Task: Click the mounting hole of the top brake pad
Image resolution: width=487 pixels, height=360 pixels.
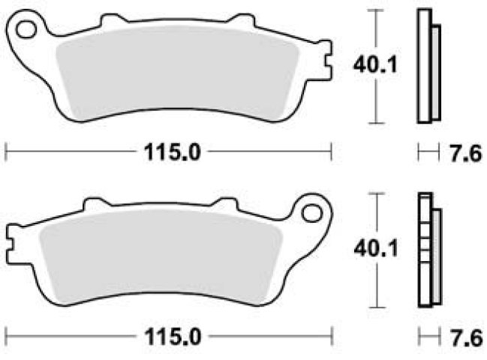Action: (26, 30)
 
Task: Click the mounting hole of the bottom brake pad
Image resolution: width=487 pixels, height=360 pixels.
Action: (311, 213)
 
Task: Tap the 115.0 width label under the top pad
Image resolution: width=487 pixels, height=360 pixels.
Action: (173, 152)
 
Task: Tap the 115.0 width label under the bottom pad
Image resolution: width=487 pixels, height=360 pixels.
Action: (173, 337)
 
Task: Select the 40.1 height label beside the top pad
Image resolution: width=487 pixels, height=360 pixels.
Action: (375, 65)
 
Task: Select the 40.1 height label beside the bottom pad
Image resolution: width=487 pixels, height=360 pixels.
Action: (376, 248)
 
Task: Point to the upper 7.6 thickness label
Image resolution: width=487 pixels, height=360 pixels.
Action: (466, 153)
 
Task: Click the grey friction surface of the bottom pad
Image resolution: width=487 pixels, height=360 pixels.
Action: (161, 256)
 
